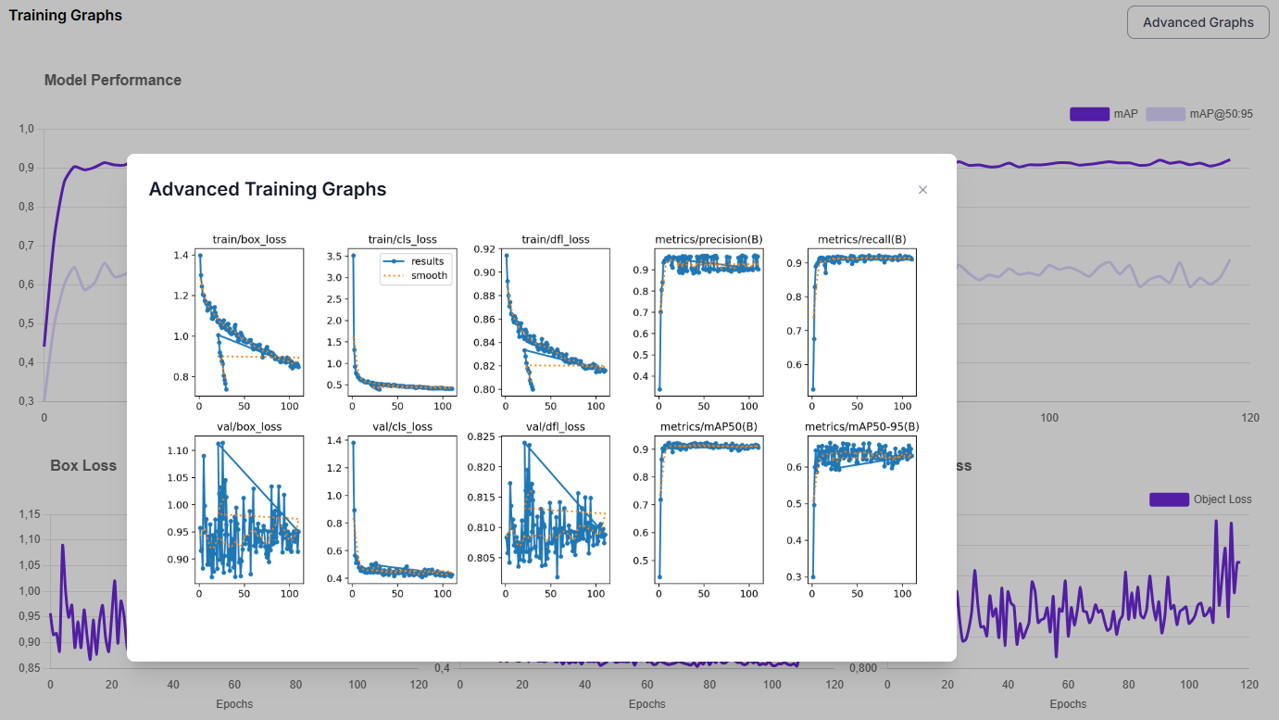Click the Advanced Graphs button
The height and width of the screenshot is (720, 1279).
tap(1197, 22)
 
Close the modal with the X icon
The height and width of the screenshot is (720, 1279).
tap(922, 190)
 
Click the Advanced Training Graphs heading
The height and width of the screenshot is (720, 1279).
tap(268, 189)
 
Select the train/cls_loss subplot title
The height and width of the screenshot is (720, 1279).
tap(402, 240)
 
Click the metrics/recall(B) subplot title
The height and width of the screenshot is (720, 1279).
tap(861, 240)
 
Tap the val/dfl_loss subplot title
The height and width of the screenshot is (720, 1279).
tap(555, 427)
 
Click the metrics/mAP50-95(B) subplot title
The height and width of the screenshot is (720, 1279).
tap(861, 427)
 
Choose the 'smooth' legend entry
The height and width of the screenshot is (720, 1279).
tap(429, 275)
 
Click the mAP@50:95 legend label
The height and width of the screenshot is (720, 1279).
tap(1221, 114)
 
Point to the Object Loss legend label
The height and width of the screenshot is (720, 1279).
tap(1223, 499)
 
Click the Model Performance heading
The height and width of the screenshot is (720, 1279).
tap(113, 81)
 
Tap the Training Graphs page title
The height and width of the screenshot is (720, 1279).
tap(65, 16)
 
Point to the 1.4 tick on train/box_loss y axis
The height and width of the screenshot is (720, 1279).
tap(182, 256)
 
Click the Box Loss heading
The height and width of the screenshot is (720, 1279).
tap(83, 465)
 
